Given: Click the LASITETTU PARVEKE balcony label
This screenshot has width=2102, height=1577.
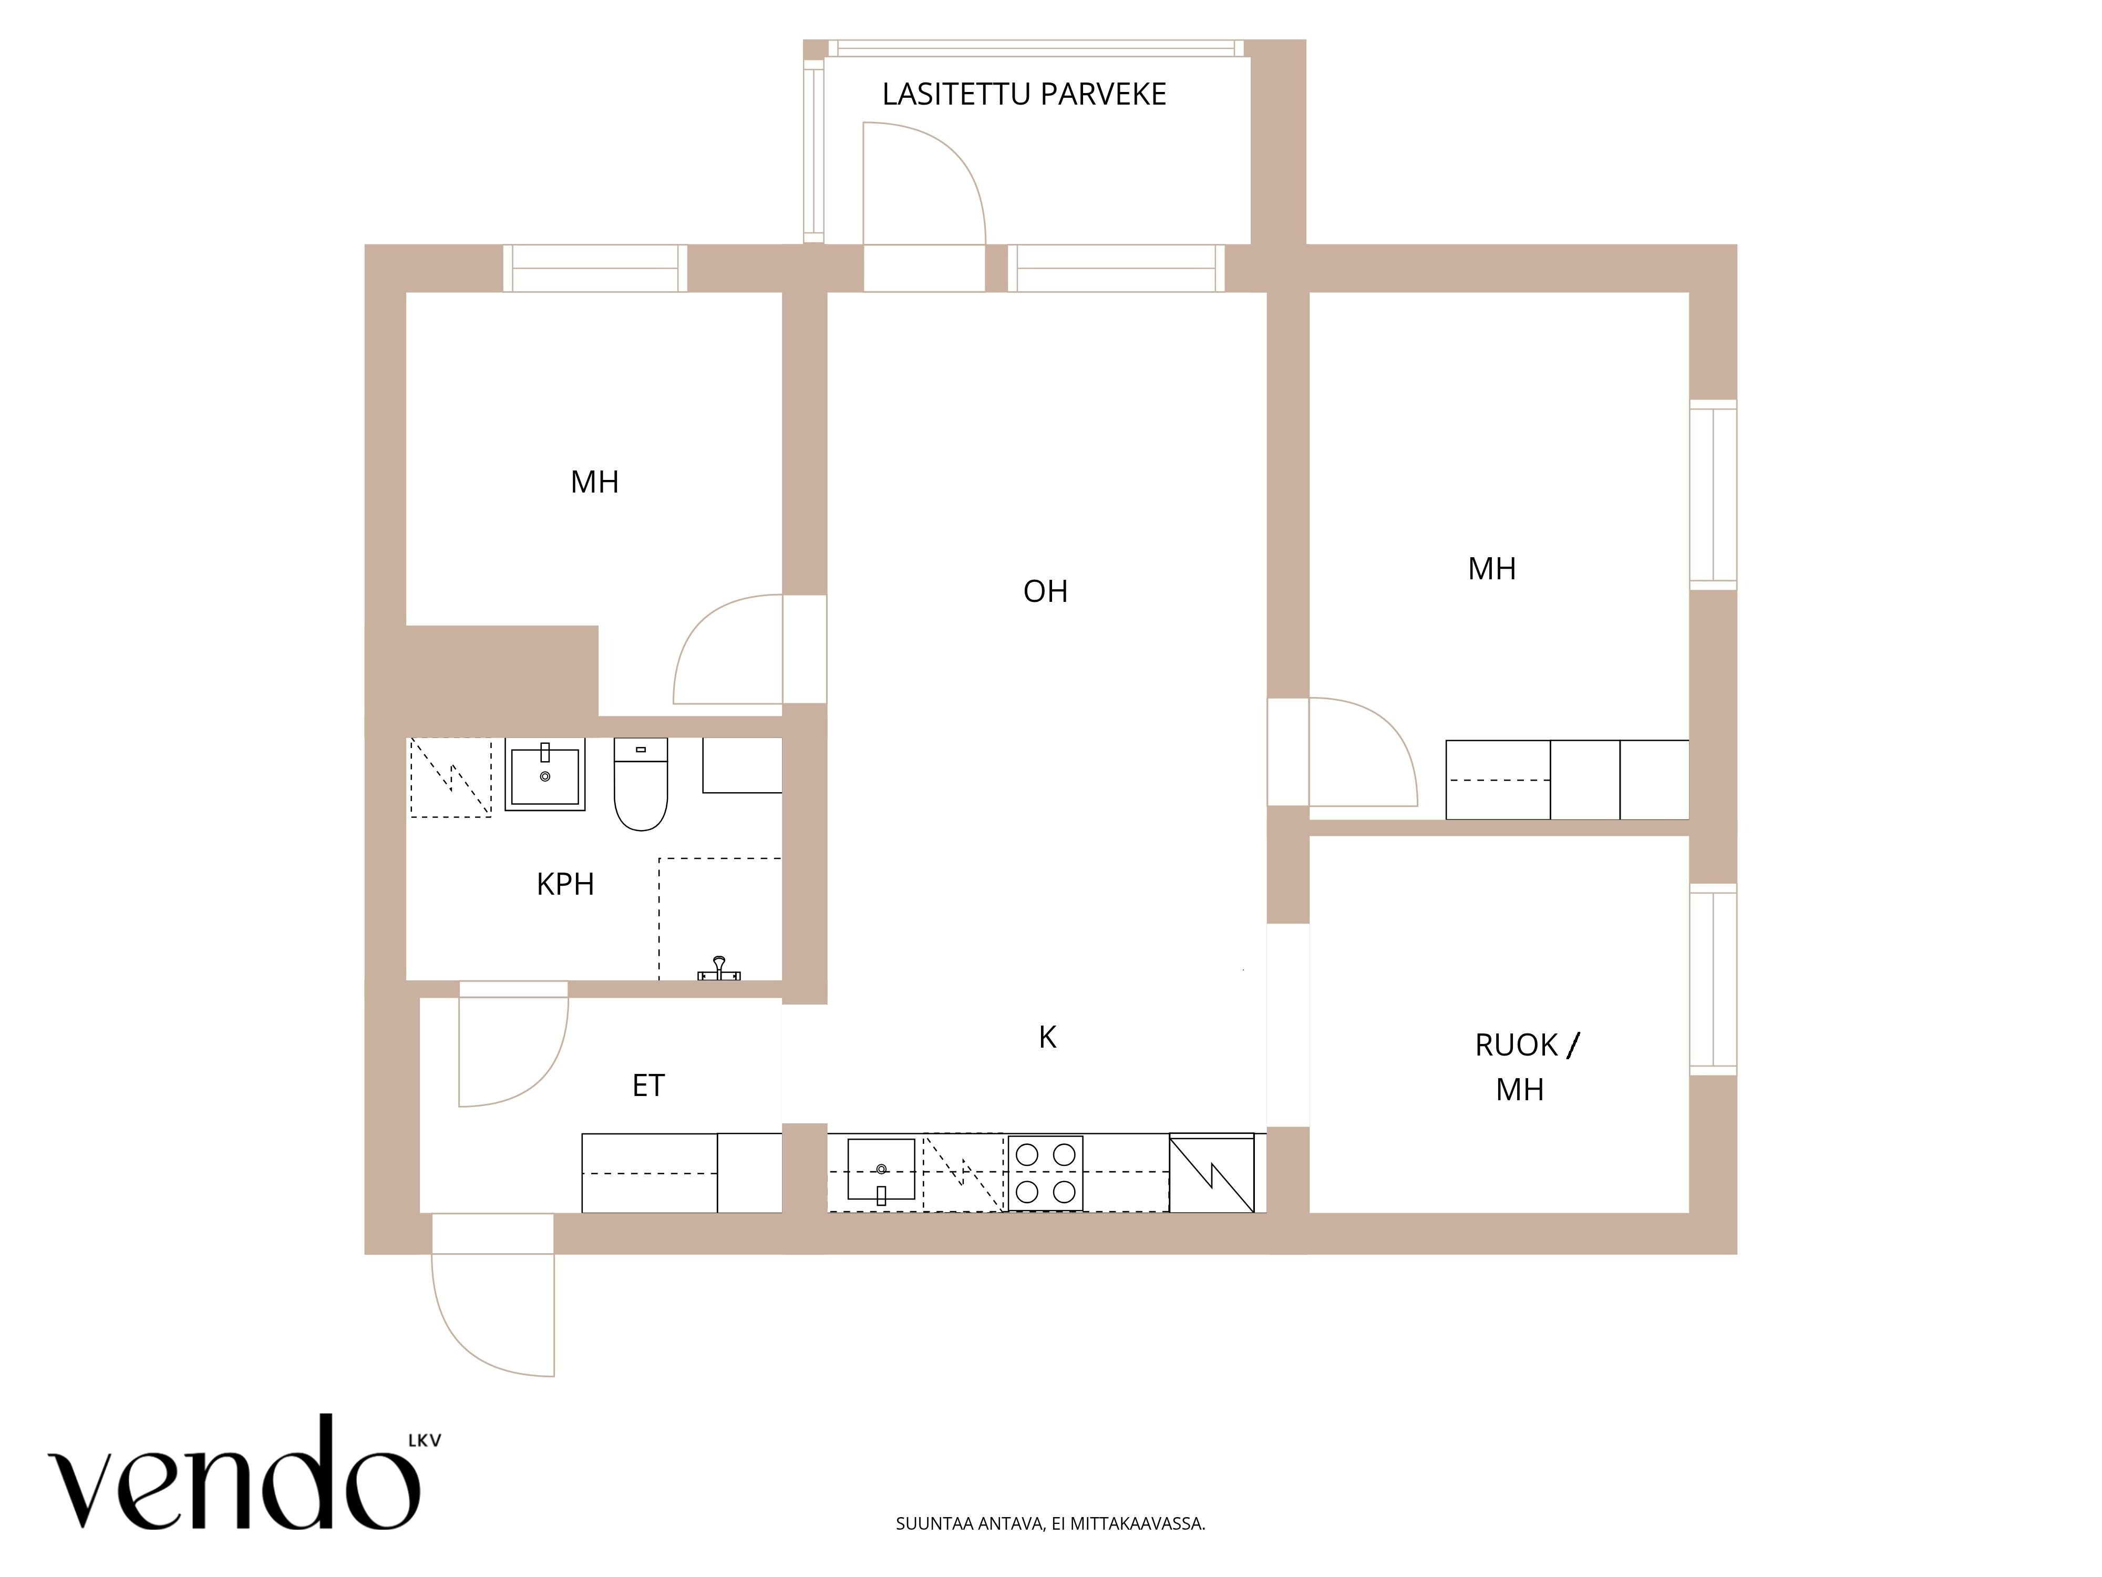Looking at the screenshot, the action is click(x=1024, y=94).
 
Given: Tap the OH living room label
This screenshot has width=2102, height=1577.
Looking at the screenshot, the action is click(x=1045, y=591).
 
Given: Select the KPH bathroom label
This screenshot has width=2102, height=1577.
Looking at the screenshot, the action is click(x=565, y=884).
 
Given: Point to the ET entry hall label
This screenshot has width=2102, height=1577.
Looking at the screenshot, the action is click(x=648, y=1086).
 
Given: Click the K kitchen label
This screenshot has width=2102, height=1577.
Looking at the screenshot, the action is click(x=1047, y=1037).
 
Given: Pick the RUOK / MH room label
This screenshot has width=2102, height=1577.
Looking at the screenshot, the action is click(x=1526, y=1067).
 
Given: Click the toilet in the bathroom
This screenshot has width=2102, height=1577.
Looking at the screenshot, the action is click(x=642, y=784).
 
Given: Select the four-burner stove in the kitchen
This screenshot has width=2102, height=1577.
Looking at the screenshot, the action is click(x=1045, y=1173).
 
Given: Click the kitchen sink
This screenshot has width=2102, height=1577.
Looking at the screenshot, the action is click(x=881, y=1170).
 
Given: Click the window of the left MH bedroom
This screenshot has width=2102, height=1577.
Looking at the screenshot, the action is click(x=595, y=268).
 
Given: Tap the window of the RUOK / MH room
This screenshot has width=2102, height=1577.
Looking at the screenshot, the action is click(x=1713, y=979).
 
